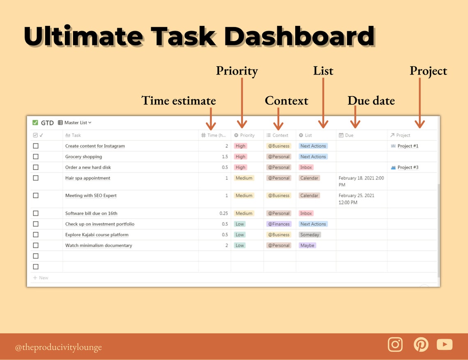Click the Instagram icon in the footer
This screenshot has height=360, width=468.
pos(395,344)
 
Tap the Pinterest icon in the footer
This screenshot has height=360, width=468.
pos(420,344)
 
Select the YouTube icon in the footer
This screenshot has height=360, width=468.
pos(445,344)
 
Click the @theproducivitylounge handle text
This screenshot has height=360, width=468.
pos(58,347)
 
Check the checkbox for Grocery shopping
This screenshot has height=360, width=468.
pos(36,156)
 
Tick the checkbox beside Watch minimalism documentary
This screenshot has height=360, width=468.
pos(36,245)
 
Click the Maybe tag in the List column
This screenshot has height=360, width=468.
pos(307,245)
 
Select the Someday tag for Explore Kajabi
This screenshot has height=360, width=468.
pos(310,235)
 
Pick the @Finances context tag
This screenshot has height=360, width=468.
pos(279,224)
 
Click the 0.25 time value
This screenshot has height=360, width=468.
pos(224,213)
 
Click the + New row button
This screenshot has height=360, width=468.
pos(41,278)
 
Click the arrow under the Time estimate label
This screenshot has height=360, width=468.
pos(210,119)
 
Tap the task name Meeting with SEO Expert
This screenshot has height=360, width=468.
pos(91,196)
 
